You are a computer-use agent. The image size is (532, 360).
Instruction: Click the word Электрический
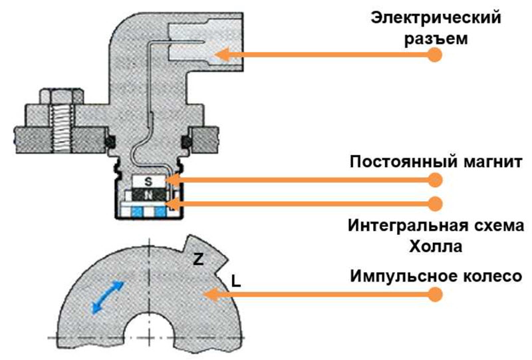pos(436,15)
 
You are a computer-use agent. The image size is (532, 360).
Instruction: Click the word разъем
pos(436,37)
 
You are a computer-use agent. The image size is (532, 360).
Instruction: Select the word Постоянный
pos(394,163)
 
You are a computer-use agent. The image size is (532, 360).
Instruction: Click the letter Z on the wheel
pos(198,260)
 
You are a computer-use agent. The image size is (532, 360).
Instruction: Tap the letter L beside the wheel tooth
pos(236,282)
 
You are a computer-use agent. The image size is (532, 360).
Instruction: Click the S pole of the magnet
pos(148,180)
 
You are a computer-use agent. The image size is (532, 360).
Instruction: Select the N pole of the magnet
pos(148,194)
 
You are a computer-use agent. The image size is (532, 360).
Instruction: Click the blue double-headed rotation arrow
pos(107,296)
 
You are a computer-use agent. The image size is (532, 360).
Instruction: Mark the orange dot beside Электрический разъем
pos(435,55)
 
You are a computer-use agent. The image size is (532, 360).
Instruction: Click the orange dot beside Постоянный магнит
pos(435,180)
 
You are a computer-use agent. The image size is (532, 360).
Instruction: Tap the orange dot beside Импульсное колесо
pos(435,293)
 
